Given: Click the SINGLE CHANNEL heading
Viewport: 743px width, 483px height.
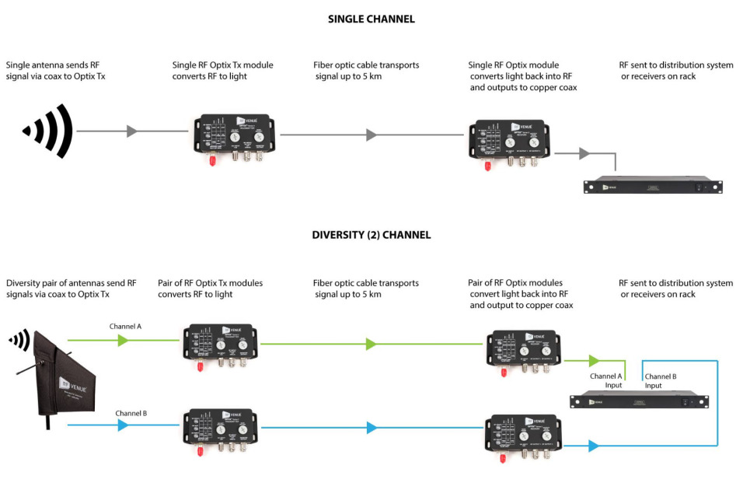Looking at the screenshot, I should (x=371, y=19).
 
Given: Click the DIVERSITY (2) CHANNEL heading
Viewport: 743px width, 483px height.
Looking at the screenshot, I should (x=371, y=235).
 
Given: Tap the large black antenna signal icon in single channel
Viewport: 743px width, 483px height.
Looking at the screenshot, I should (x=49, y=131).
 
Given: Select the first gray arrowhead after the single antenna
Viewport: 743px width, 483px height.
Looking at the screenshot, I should (x=132, y=131).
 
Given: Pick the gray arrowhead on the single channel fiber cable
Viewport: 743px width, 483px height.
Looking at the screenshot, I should (x=371, y=135).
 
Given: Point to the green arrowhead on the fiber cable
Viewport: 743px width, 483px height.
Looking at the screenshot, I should (x=371, y=344).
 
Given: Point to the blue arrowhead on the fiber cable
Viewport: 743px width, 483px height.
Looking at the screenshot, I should (x=371, y=428).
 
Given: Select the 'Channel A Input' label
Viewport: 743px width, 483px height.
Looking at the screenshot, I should (x=605, y=380).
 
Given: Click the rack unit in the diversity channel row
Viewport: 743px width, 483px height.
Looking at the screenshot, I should (x=639, y=401).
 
